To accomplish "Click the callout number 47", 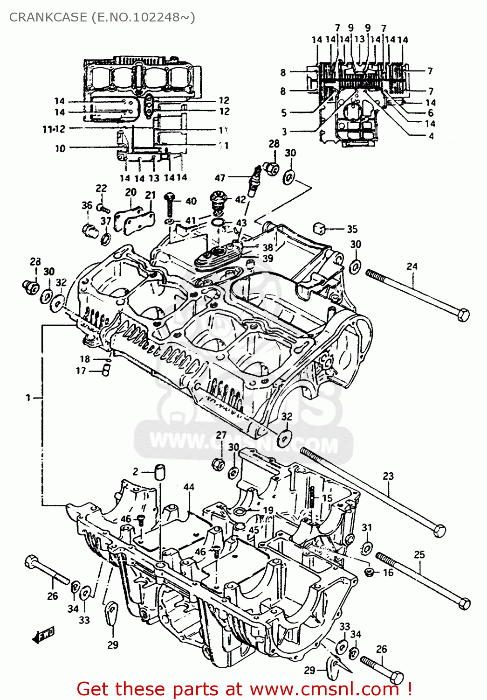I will click(220, 178).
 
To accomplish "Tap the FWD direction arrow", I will click(44, 635).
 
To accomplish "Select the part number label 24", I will click(412, 266).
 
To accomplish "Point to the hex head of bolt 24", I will click(463, 315).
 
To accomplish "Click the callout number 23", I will click(388, 476).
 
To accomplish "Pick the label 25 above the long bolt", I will click(419, 554).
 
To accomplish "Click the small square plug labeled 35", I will click(320, 228).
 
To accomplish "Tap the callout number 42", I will click(240, 199).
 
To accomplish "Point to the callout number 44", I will click(189, 487).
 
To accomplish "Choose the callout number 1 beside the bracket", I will click(28, 398).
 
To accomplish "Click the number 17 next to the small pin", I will click(81, 371).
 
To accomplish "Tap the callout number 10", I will click(60, 148).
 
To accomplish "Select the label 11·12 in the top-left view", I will click(54, 129).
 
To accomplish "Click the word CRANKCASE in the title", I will click(48, 17).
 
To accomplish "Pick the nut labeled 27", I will click(218, 464).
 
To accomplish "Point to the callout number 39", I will click(268, 259).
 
